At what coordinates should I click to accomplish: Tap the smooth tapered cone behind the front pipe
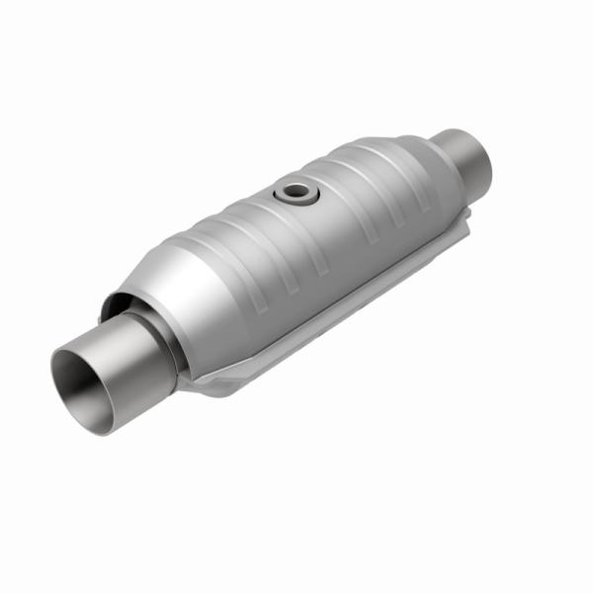click(x=183, y=296)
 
